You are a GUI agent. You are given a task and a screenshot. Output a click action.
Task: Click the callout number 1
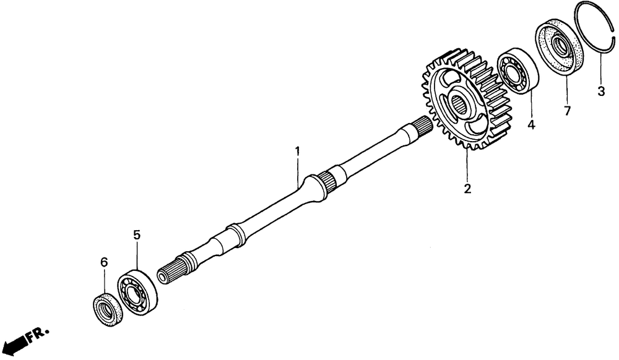coord(297,150)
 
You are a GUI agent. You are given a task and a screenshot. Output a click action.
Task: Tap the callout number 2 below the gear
coord(467,188)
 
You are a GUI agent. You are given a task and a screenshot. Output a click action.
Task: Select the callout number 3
coord(600,92)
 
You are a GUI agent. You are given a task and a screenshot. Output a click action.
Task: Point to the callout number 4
coord(530,124)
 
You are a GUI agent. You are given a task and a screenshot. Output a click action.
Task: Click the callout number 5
coord(137,234)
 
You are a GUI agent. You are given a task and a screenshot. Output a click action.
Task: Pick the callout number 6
coord(103,262)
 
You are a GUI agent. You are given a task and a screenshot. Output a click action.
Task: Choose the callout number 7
coord(568,111)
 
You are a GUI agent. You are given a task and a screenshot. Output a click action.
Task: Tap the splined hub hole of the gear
coord(459,104)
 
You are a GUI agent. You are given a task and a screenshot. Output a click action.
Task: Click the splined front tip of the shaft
coord(168,273)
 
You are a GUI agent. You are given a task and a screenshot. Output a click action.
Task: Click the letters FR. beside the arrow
coord(40,334)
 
